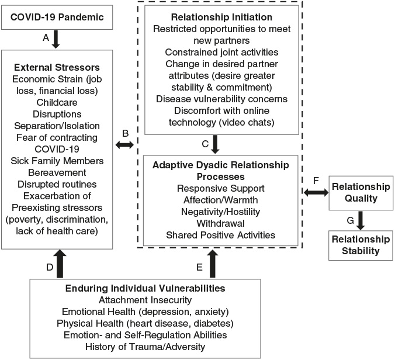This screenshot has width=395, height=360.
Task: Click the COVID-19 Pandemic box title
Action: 57,17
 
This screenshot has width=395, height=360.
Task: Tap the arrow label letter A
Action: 46,38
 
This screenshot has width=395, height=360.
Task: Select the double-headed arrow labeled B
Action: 124,144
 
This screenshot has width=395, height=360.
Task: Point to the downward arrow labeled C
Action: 215,144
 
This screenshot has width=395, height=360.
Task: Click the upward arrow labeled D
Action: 60,264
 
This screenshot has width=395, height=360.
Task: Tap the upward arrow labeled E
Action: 213,264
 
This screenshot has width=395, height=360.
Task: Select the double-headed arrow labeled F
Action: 316,193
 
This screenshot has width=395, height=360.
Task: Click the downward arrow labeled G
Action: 361,220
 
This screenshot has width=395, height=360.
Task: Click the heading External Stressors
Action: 57,67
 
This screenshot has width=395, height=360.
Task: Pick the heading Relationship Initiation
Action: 221,17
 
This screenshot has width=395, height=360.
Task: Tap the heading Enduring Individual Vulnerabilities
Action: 145,288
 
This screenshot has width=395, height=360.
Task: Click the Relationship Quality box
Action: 361,193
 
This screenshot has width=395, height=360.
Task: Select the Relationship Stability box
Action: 361,245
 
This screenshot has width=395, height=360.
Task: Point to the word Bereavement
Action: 57,172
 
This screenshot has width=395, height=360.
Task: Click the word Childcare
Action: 57,102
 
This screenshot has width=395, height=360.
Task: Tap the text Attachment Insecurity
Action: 145,300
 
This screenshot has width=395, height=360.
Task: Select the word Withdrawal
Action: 221,223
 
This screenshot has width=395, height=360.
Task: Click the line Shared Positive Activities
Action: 221,235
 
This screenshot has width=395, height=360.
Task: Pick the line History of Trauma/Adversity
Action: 145,347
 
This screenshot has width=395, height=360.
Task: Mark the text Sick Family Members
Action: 57,161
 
